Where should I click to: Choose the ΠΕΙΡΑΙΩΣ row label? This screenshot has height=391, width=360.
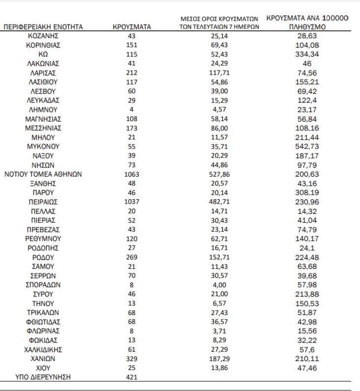[x=43, y=200]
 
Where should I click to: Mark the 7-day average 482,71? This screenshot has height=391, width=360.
[x=216, y=200]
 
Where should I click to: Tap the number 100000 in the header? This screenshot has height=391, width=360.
[x=333, y=18]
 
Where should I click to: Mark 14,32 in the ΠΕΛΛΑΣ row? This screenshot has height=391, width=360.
[x=309, y=209]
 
